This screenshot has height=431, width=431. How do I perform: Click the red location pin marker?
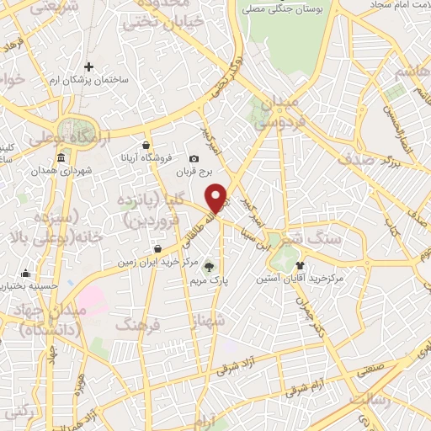coord(217,198)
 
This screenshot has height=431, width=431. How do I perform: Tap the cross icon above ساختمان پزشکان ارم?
coord(88,67)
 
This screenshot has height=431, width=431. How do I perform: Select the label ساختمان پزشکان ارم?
coord(88,79)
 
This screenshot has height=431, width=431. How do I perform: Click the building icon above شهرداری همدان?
coord(61,158)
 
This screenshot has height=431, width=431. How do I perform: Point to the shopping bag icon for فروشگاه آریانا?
coord(147,144)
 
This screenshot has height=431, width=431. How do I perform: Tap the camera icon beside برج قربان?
coord(194,158)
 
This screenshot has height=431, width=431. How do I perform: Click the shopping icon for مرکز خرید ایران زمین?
coord(158,248)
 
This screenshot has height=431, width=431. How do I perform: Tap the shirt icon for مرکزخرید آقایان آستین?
coord(299,264)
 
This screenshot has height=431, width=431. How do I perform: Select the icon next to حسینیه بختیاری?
coord(27,273)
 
